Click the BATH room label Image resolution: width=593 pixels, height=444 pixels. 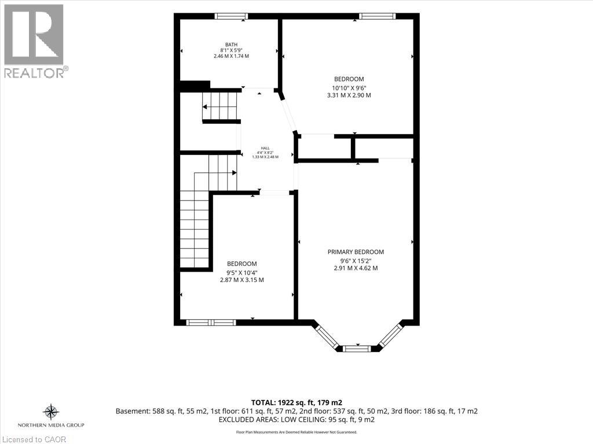tap(232, 45)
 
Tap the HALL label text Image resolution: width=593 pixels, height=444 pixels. tap(265, 148)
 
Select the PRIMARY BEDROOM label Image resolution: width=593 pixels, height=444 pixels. tap(356, 252)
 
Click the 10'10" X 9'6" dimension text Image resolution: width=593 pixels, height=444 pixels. tap(349, 87)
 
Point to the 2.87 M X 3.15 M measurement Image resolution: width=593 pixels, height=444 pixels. tap(242, 280)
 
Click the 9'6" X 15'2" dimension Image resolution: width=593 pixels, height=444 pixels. tap(356, 261)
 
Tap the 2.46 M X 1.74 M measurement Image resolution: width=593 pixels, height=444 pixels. tap(232, 56)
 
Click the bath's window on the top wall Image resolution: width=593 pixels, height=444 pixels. tap(232, 16)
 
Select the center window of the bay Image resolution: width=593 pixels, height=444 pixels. tap(357, 349)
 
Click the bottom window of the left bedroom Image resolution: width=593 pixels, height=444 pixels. tap(211, 323)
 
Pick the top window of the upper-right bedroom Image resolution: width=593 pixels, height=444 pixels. tap(377, 16)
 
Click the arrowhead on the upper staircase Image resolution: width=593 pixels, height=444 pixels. tap(204, 107)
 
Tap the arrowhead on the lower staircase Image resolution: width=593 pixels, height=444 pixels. tap(235, 172)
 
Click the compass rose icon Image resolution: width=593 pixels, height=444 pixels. tap(51, 412)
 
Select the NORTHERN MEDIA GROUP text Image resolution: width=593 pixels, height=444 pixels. tap(51, 425)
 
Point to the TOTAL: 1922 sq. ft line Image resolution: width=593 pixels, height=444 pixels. tap(296, 403)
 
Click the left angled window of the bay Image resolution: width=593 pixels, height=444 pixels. tap(328, 337)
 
